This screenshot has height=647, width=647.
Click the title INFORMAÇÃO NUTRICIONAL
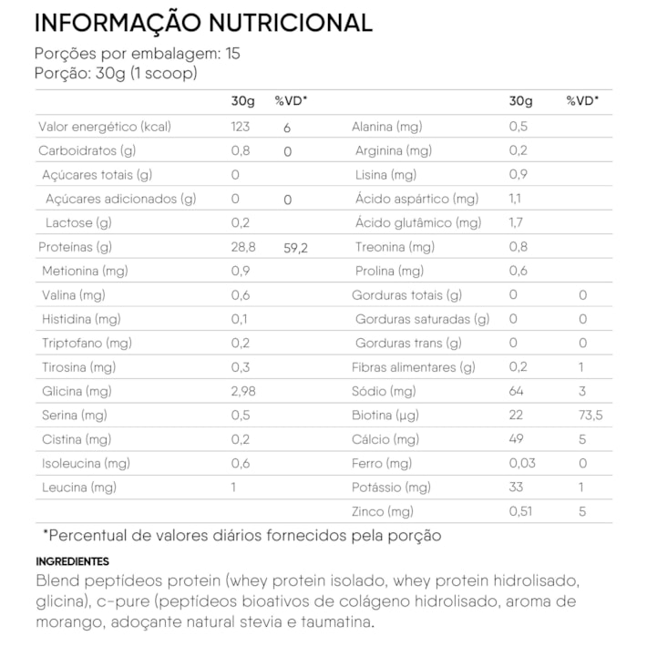tap(203, 23)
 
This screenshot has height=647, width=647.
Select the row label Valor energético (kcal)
tap(105, 127)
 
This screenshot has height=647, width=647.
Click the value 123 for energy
tap(241, 127)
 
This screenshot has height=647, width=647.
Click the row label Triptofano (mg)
tap(87, 343)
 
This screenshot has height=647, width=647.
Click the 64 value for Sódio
tap(517, 391)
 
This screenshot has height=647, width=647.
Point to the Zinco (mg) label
tap(382, 511)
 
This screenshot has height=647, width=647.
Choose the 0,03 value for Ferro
tap(522, 463)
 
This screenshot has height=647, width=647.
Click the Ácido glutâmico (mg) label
tap(418, 222)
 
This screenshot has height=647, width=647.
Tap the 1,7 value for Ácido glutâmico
tap(516, 222)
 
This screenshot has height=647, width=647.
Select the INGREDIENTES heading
tap(72, 561)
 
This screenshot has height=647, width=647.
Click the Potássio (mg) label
tap(391, 488)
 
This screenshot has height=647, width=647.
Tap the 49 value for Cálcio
tap(517, 439)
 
